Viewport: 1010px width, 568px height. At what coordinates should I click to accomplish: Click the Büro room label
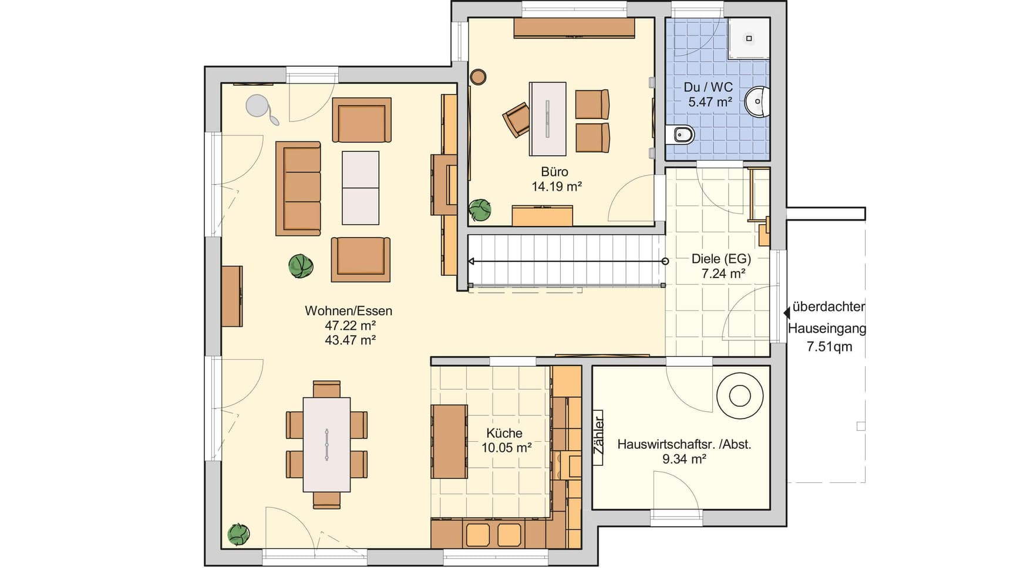[554, 172]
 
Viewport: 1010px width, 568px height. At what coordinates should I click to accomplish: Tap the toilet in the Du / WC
[681, 135]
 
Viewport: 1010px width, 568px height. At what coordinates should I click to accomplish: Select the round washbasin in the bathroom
[757, 102]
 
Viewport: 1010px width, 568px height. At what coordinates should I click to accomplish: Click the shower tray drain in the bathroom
[749, 39]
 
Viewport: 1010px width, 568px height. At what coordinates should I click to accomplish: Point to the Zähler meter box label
[598, 436]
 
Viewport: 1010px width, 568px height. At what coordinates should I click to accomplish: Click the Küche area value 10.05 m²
[507, 448]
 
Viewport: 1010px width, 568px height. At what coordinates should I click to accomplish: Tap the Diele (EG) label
[721, 259]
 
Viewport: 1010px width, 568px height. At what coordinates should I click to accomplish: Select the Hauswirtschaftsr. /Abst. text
[684, 444]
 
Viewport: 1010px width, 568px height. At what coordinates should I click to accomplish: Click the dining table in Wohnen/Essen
[326, 444]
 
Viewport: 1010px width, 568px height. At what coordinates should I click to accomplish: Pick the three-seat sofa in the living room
[298, 188]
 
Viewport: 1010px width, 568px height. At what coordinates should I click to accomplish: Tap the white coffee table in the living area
[361, 188]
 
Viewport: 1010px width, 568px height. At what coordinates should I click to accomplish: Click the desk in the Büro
[548, 119]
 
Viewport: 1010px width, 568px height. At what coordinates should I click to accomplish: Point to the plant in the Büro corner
[480, 209]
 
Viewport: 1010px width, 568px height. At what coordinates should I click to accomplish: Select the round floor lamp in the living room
[257, 106]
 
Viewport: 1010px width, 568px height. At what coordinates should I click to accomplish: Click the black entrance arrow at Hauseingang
[787, 314]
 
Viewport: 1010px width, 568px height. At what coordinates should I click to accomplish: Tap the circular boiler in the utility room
[740, 395]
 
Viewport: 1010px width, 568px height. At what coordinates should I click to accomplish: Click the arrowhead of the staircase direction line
[472, 261]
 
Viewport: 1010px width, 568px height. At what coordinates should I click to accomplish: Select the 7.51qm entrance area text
[829, 347]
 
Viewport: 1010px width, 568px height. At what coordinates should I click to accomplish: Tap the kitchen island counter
[449, 441]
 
